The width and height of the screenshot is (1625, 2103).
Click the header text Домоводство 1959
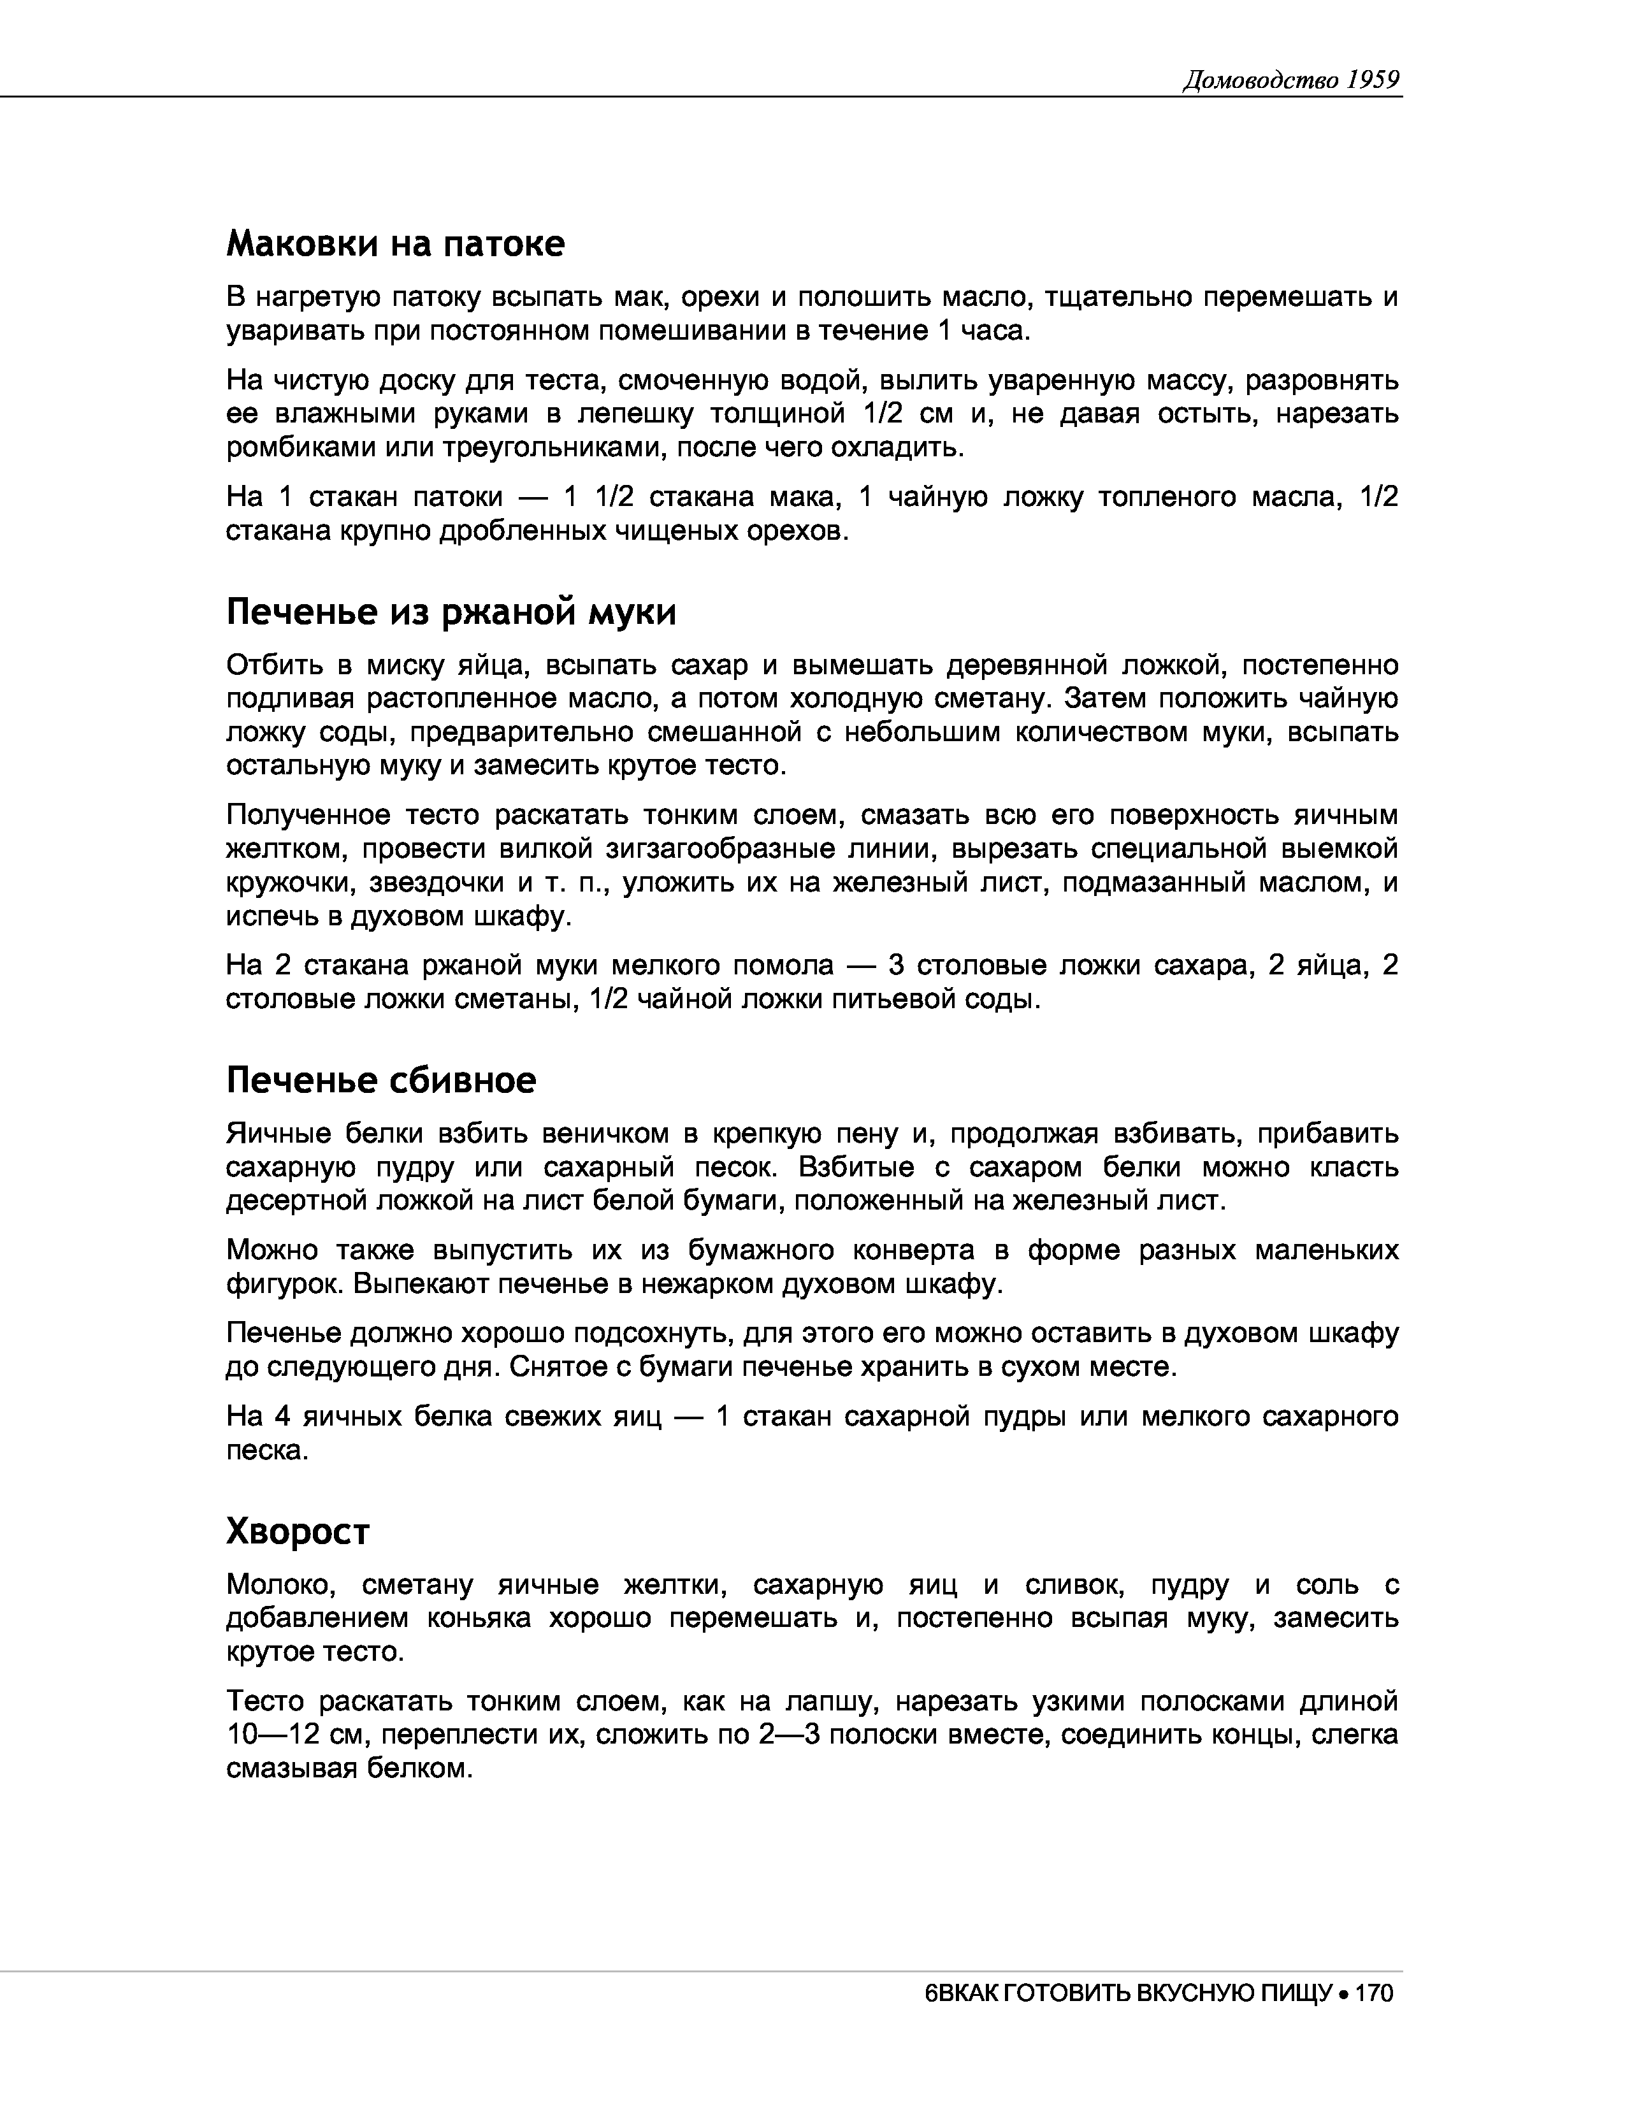click(1290, 80)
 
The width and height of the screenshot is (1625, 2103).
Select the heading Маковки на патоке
click(394, 243)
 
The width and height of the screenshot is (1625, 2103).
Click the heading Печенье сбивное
click(380, 1080)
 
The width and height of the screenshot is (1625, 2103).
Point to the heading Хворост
click(298, 1530)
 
